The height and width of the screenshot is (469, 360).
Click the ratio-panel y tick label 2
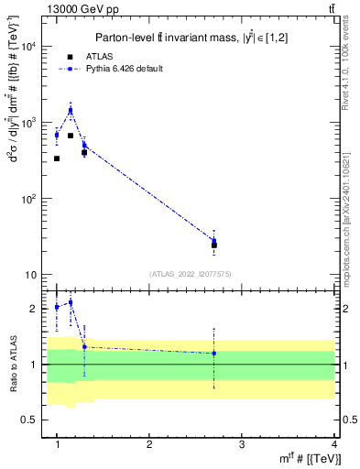click(x=35, y=309)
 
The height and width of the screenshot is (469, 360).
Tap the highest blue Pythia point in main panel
click(x=71, y=110)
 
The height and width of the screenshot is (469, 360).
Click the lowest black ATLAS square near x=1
click(x=57, y=158)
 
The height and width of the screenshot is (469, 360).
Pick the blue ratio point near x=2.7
click(x=214, y=353)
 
